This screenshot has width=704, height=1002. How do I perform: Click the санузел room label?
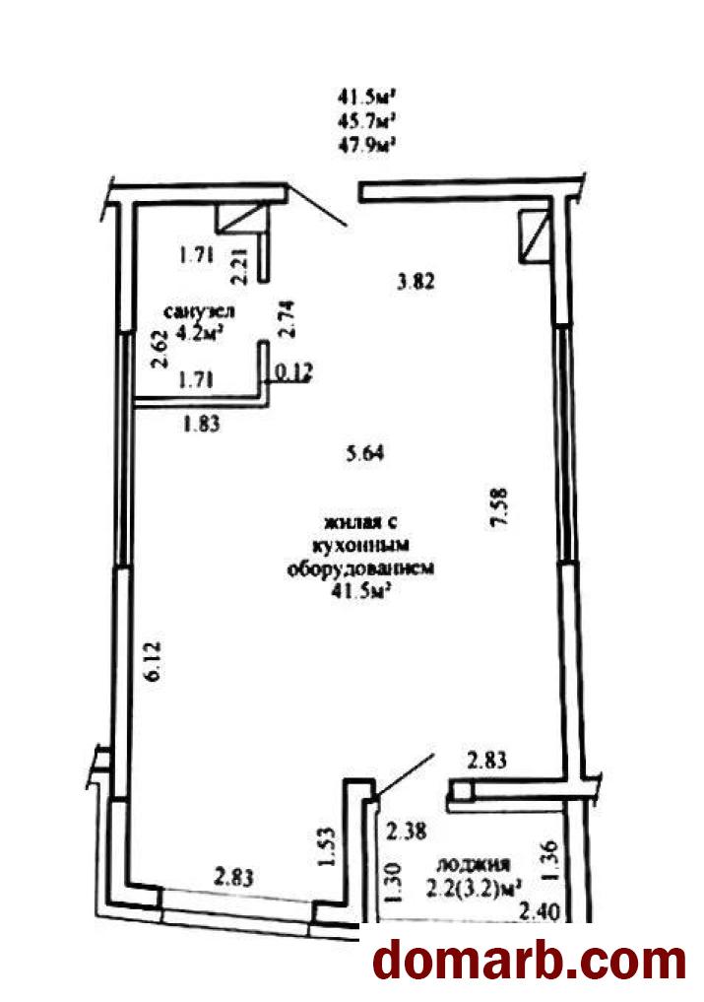pos(200,312)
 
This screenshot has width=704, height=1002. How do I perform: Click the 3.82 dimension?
pos(416,281)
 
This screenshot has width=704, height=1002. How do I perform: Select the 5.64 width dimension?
pos(364,453)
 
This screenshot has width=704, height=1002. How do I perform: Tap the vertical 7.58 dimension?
pos(499,506)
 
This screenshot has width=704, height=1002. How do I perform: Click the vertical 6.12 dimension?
pos(156,662)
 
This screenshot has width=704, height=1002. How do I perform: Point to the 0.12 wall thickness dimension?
pos(294,371)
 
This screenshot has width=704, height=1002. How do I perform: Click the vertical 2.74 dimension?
pos(288,318)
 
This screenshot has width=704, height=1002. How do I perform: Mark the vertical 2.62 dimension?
pos(160,348)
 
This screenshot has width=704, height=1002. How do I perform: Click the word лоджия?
pos(473,865)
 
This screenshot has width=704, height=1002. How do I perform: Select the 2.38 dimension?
pos(408,832)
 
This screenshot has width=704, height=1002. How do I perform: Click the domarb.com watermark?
pos(529,960)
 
